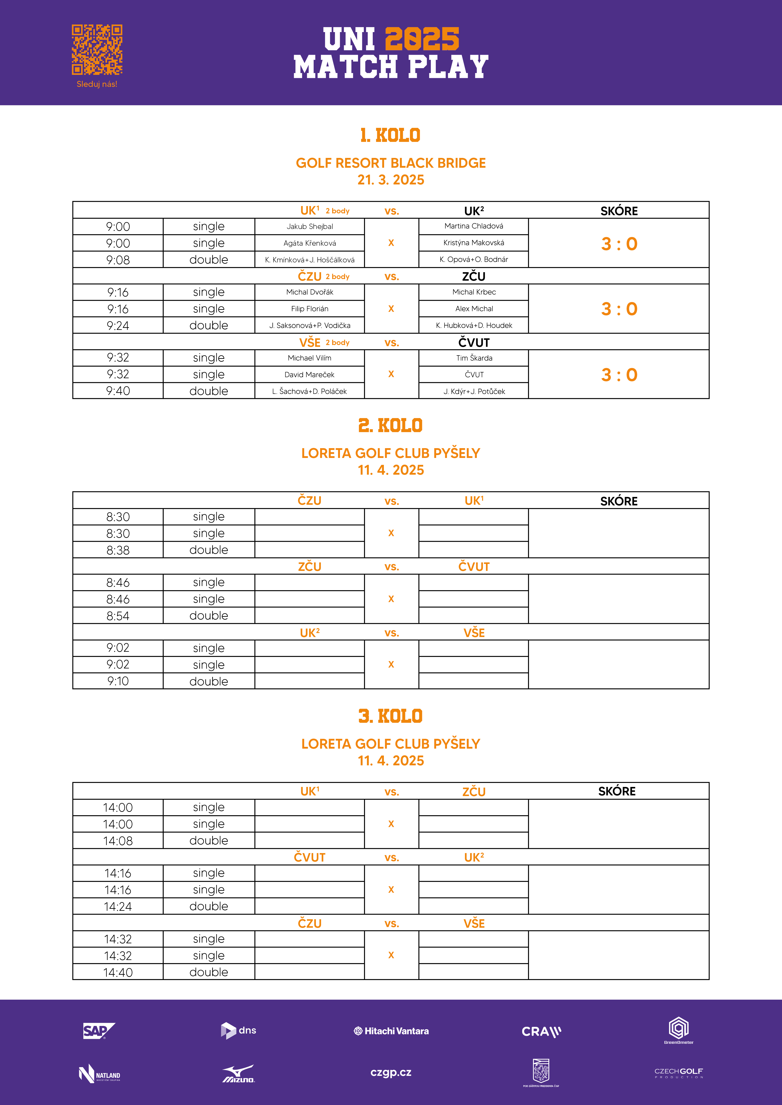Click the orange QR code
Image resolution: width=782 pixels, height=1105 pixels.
pos(97,50)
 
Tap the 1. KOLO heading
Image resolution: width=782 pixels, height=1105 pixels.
pos(391,135)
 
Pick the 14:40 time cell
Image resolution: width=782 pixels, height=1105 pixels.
pos(118,972)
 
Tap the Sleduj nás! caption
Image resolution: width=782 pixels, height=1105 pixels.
pos(97,84)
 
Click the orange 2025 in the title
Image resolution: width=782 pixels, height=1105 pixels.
pos(422,39)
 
